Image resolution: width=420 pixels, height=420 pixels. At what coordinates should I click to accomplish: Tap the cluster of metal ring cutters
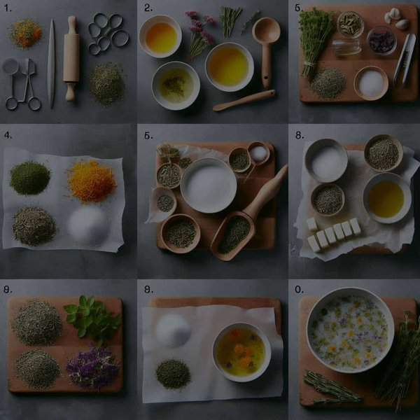pos(107,34)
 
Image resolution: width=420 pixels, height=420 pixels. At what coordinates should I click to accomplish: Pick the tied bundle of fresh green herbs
pos(315,38)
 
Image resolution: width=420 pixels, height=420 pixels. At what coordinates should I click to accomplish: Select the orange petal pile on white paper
pos(91,181)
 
